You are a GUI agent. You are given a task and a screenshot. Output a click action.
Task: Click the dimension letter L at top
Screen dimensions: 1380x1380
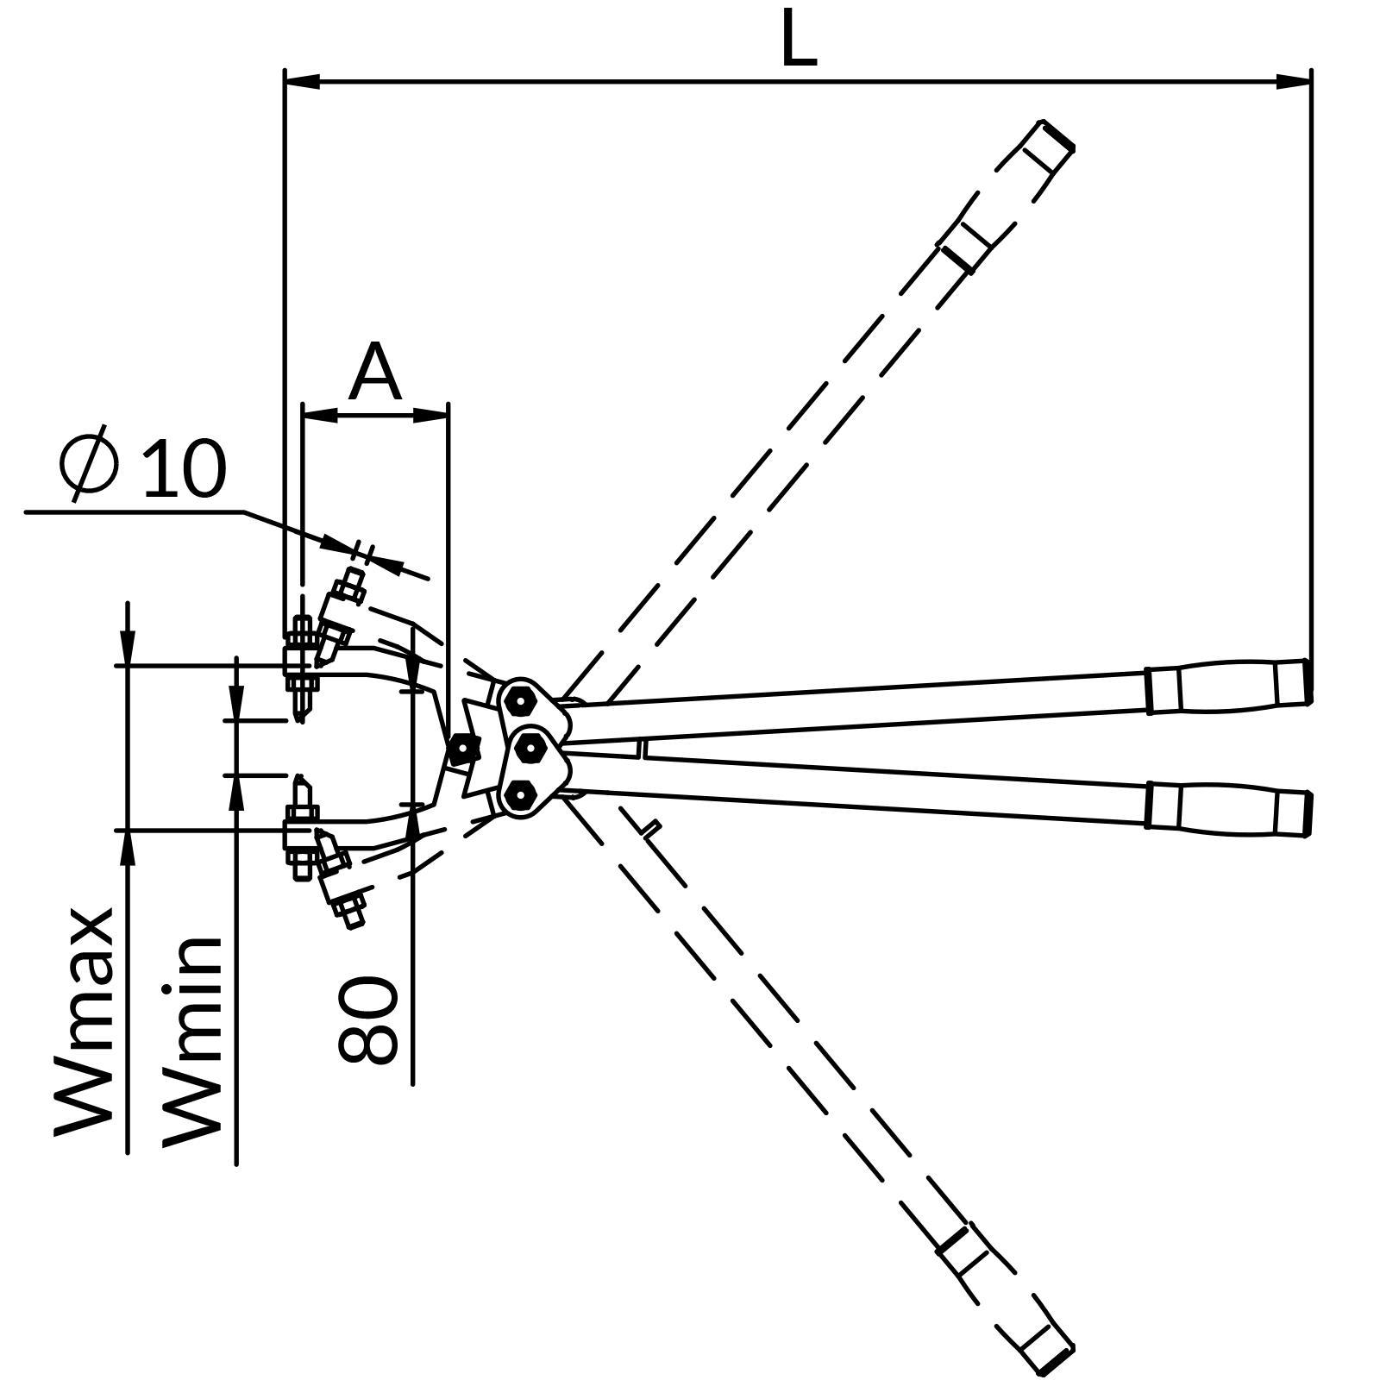[x=798, y=41]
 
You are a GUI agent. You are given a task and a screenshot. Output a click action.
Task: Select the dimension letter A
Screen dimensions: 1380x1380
[x=375, y=374]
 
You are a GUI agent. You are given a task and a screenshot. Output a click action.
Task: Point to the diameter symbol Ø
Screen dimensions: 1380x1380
[x=89, y=462]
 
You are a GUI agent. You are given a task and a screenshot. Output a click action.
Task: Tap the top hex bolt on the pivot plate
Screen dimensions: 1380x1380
[x=520, y=701]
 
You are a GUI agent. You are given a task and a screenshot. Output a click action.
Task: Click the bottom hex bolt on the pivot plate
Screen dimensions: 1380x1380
[x=520, y=795]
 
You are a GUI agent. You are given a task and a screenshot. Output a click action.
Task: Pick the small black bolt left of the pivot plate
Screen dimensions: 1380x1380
[x=464, y=749]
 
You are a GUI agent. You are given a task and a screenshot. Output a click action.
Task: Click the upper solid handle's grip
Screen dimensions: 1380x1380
[x=1228, y=686]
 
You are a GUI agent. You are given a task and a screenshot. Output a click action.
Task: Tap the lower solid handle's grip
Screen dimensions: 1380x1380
[x=1228, y=808]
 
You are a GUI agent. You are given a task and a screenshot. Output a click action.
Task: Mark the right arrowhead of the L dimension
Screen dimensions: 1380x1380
[x=1294, y=82]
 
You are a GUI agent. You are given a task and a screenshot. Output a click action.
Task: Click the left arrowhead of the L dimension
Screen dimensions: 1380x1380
[x=302, y=82]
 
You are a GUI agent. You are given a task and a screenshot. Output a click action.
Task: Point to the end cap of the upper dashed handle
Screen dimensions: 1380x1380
[x=1056, y=135]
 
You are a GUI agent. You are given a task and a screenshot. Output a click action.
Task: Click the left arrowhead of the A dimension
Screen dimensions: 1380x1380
[x=320, y=416]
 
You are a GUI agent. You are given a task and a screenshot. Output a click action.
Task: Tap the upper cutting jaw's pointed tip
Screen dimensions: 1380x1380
[x=299, y=715]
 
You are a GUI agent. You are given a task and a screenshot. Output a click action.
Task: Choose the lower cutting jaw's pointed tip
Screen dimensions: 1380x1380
[x=299, y=781]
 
